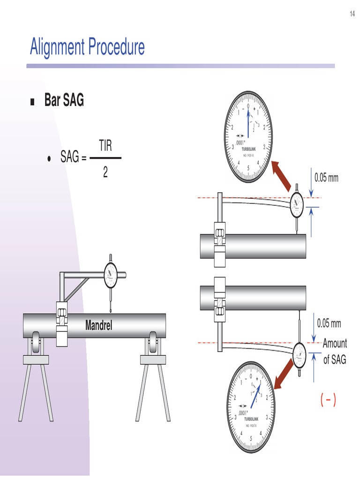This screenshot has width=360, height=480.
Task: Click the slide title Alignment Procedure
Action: [x=87, y=47]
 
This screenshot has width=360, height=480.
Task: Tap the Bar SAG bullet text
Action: [x=64, y=100]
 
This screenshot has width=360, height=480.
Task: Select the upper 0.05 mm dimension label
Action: [x=327, y=178]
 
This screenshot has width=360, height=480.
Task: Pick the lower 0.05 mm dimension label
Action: [x=329, y=323]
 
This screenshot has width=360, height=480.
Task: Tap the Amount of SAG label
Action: [x=335, y=351]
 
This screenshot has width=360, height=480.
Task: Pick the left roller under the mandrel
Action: [x=36, y=343]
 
